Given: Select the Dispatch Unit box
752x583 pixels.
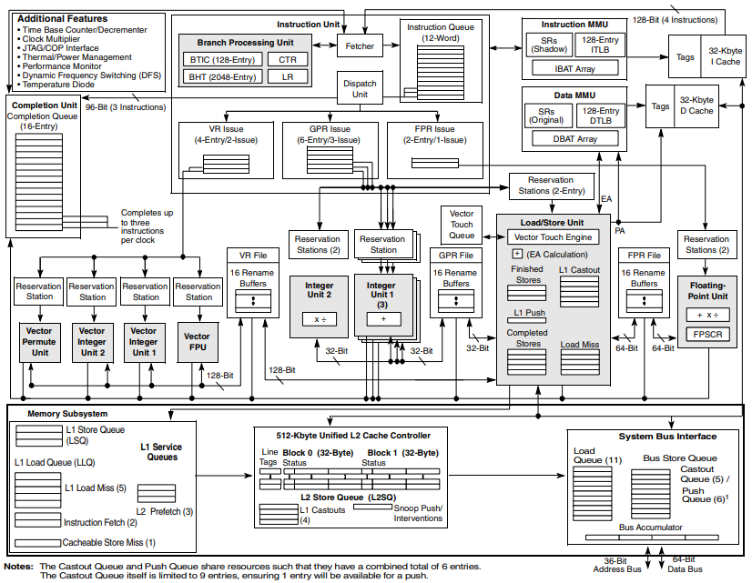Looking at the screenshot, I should pos(360,89).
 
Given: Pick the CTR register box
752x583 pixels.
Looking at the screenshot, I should pos(287,59).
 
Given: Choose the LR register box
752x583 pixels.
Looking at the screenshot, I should pos(287,76).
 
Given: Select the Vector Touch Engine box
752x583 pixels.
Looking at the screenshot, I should pos(554,237).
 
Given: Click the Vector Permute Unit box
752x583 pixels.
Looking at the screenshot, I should pos(39,342).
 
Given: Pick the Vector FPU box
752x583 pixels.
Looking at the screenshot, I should pos(198,342).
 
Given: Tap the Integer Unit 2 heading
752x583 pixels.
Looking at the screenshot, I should pos(320,292).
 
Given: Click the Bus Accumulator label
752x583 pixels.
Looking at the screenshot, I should pos(650,528).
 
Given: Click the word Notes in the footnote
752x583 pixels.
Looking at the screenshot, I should pos(18,566).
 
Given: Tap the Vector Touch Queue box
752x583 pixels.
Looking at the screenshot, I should pos(462,224).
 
